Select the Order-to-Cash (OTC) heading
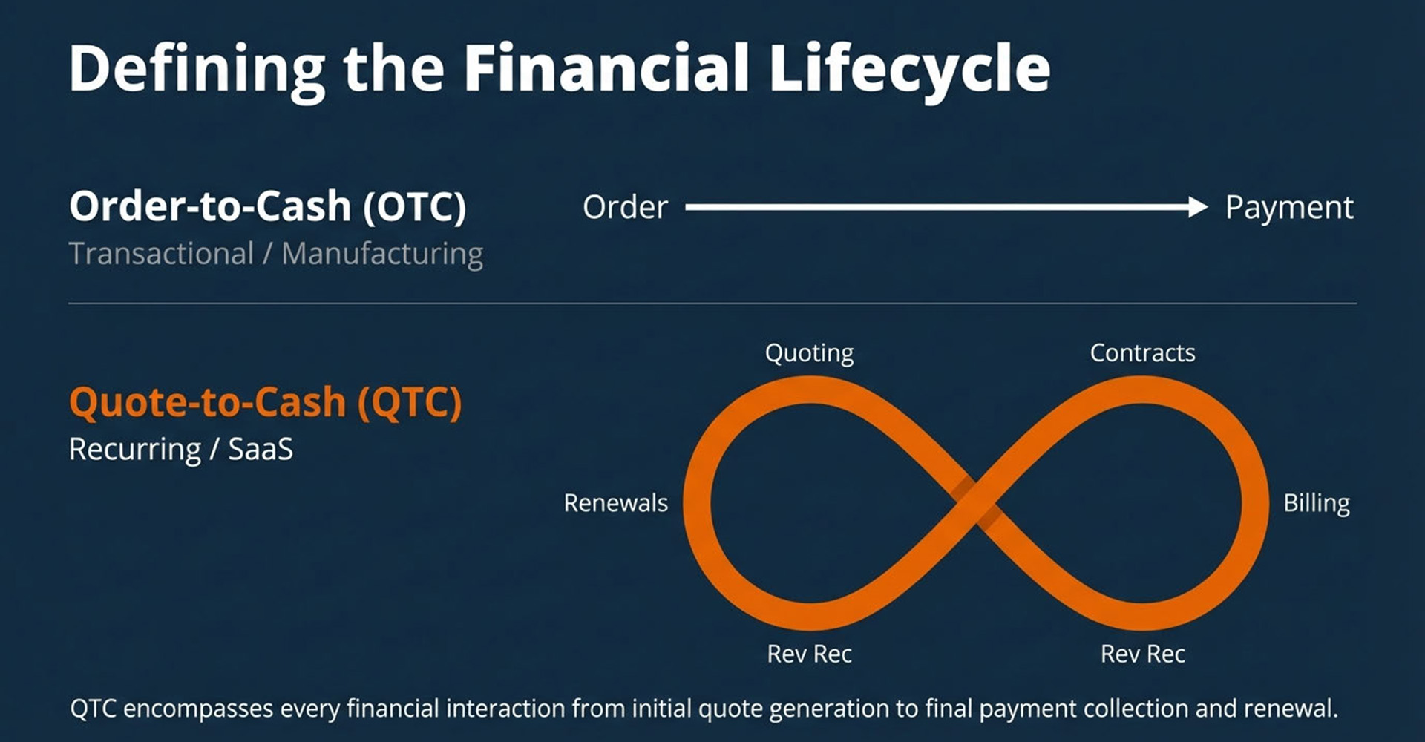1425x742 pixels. click(268, 206)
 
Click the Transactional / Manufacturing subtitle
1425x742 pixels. click(276, 254)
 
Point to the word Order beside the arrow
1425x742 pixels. click(625, 208)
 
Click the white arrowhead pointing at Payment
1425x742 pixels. click(1198, 207)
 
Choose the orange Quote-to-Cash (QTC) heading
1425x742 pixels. click(266, 403)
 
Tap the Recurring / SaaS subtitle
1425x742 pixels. click(181, 450)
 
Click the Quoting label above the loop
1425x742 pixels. click(809, 354)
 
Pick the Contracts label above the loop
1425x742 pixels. click(1142, 353)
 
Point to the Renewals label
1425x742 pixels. click(615, 503)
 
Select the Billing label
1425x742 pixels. click(1317, 504)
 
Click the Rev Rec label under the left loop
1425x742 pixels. click(809, 654)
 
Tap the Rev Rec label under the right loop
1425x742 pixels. click(1143, 654)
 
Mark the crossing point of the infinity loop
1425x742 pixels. click(975, 503)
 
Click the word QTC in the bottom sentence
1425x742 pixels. click(94, 709)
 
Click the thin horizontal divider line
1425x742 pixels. click(712, 303)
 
